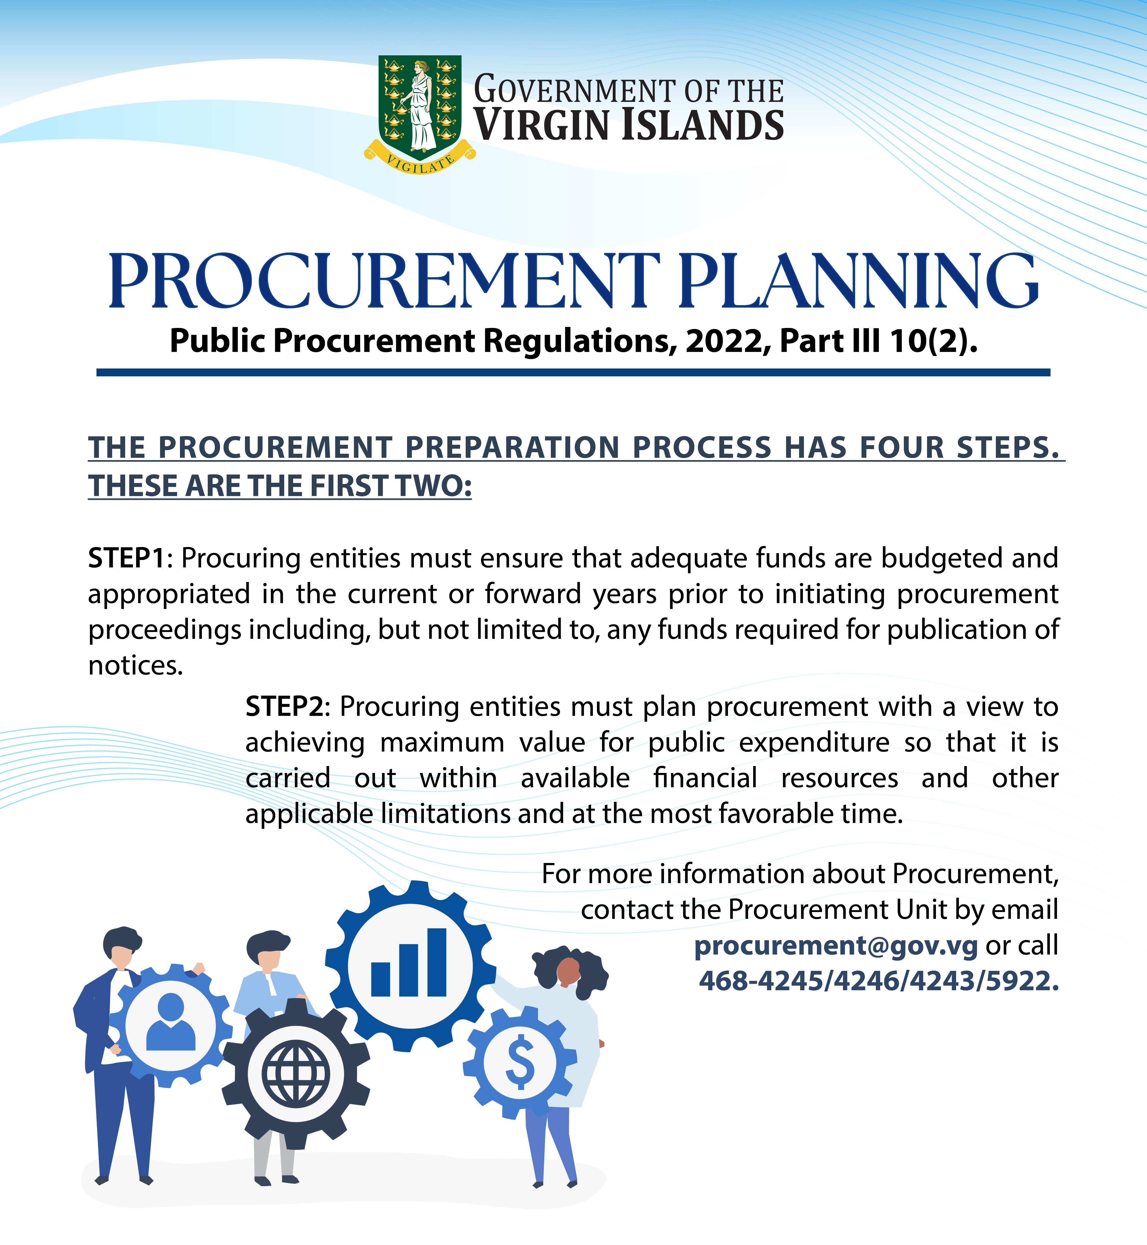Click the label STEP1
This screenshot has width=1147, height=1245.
click(127, 558)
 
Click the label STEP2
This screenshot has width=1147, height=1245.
click(284, 707)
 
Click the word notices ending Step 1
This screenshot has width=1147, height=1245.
click(135, 666)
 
